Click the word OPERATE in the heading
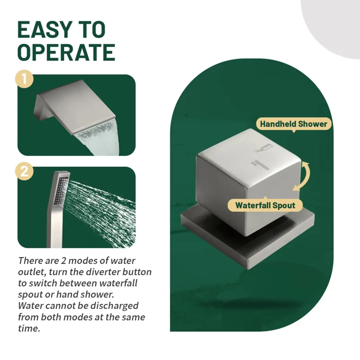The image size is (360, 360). click(66, 52)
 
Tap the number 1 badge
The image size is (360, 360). click(24, 79)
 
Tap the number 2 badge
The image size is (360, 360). click(24, 171)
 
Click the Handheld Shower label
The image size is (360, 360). click(294, 124)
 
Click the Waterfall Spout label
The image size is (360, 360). click(265, 205)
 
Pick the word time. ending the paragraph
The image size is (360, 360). click(29, 329)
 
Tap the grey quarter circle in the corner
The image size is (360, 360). click(333, 25)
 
